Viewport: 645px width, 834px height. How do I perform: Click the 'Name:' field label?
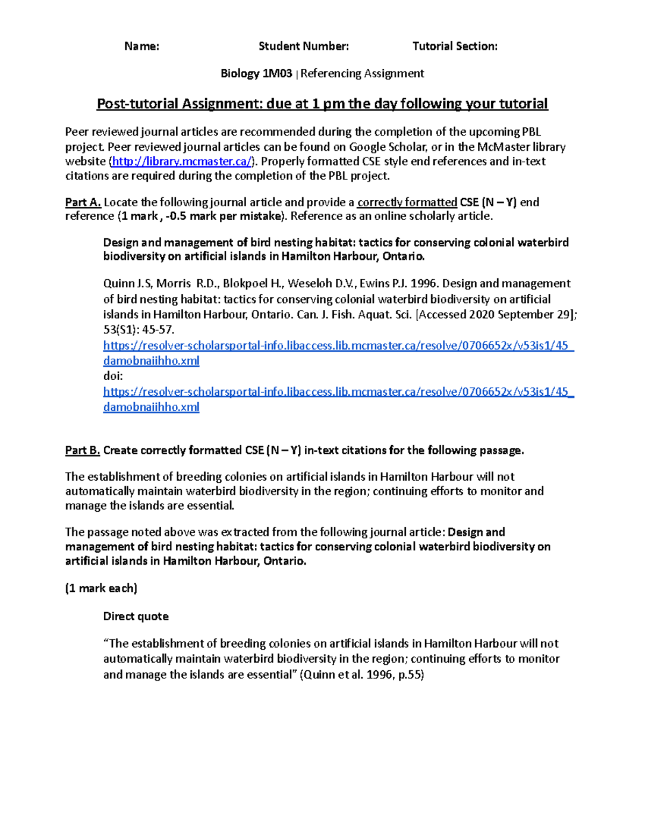[141, 46]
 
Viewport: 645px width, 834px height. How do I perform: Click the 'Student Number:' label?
[304, 46]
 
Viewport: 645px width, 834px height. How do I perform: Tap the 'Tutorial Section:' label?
[455, 46]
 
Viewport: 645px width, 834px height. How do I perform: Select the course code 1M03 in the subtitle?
[277, 74]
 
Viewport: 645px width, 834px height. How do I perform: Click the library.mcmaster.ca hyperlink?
[182, 162]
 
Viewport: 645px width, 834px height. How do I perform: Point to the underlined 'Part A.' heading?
[83, 202]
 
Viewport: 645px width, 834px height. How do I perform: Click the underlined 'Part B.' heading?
[83, 451]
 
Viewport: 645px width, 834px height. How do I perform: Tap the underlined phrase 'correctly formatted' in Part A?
[407, 202]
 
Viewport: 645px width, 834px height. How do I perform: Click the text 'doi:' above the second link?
[113, 376]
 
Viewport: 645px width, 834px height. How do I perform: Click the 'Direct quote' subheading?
[135, 617]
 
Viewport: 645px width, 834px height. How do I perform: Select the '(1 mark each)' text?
[101, 589]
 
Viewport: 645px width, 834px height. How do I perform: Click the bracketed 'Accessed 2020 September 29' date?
[495, 315]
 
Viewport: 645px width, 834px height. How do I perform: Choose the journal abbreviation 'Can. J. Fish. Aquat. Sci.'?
[354, 315]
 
